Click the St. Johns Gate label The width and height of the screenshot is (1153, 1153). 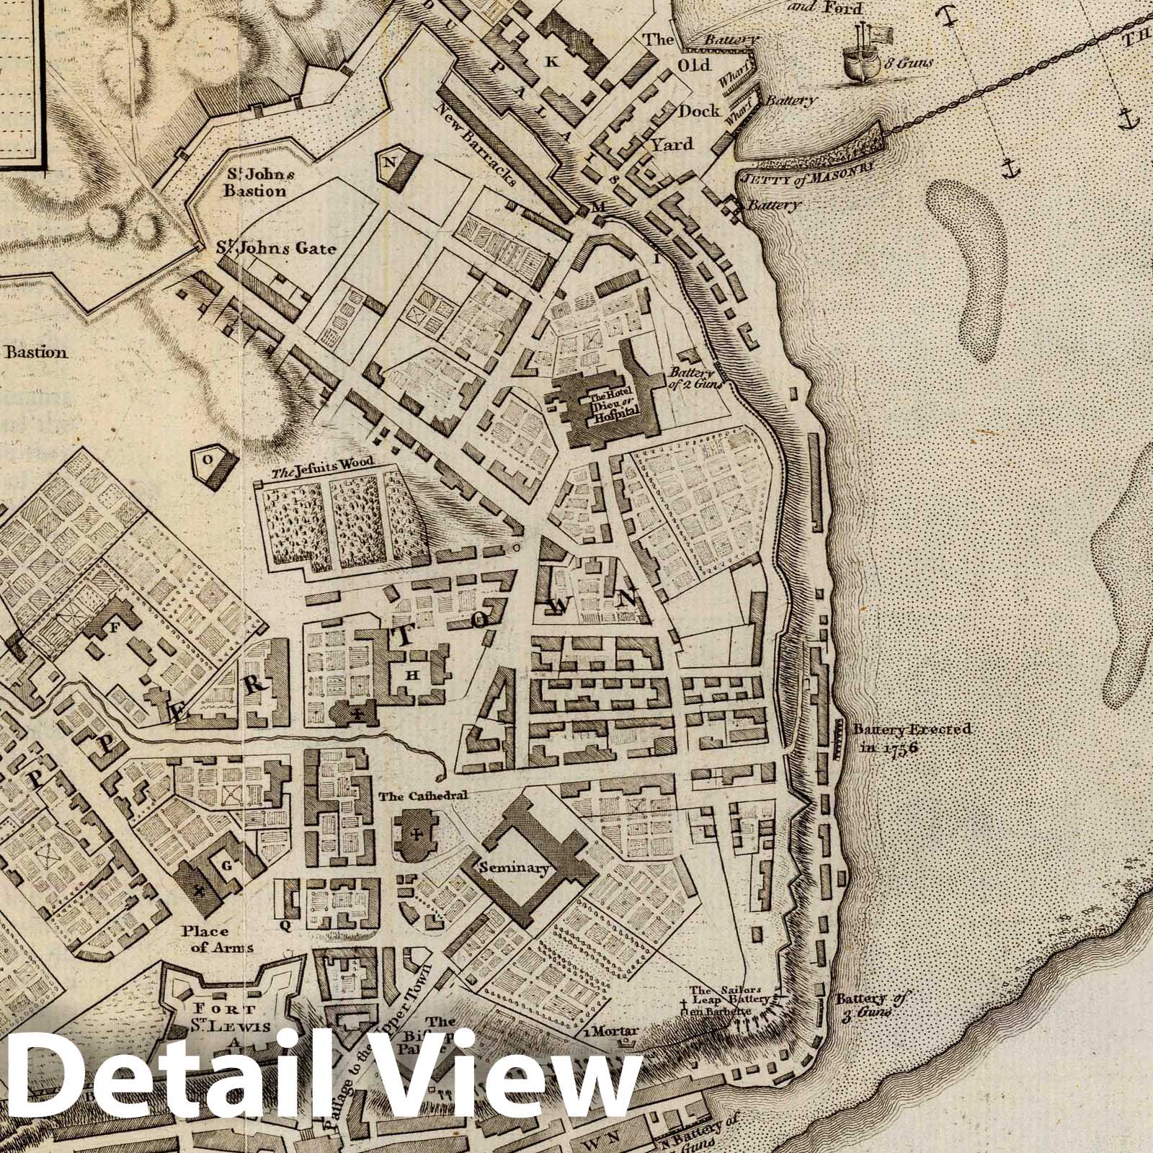[x=277, y=249]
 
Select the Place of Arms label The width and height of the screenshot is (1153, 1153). [x=210, y=939]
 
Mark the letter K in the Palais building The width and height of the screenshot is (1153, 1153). [x=552, y=62]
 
